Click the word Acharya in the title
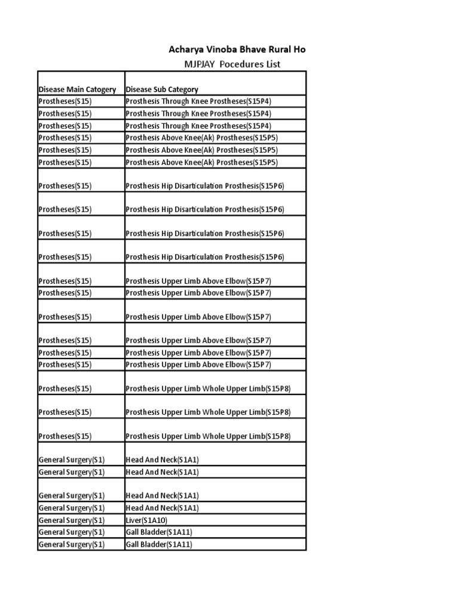click(186, 50)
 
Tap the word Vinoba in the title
click(224, 50)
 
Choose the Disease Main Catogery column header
click(77, 90)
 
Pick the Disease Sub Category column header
click(162, 90)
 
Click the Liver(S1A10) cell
click(142, 520)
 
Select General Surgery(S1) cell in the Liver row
click(72, 520)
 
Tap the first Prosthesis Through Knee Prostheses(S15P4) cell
click(198, 102)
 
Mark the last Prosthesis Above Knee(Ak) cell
click(201, 162)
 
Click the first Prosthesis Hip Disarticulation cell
click(205, 186)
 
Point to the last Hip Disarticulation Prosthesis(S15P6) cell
click(205, 257)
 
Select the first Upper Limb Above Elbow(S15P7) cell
click(198, 281)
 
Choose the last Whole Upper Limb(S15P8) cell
click(208, 436)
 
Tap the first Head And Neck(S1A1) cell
click(162, 460)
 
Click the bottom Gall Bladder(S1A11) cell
click(159, 544)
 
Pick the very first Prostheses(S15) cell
click(65, 102)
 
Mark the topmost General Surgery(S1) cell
click(72, 460)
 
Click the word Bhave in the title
click(253, 50)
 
